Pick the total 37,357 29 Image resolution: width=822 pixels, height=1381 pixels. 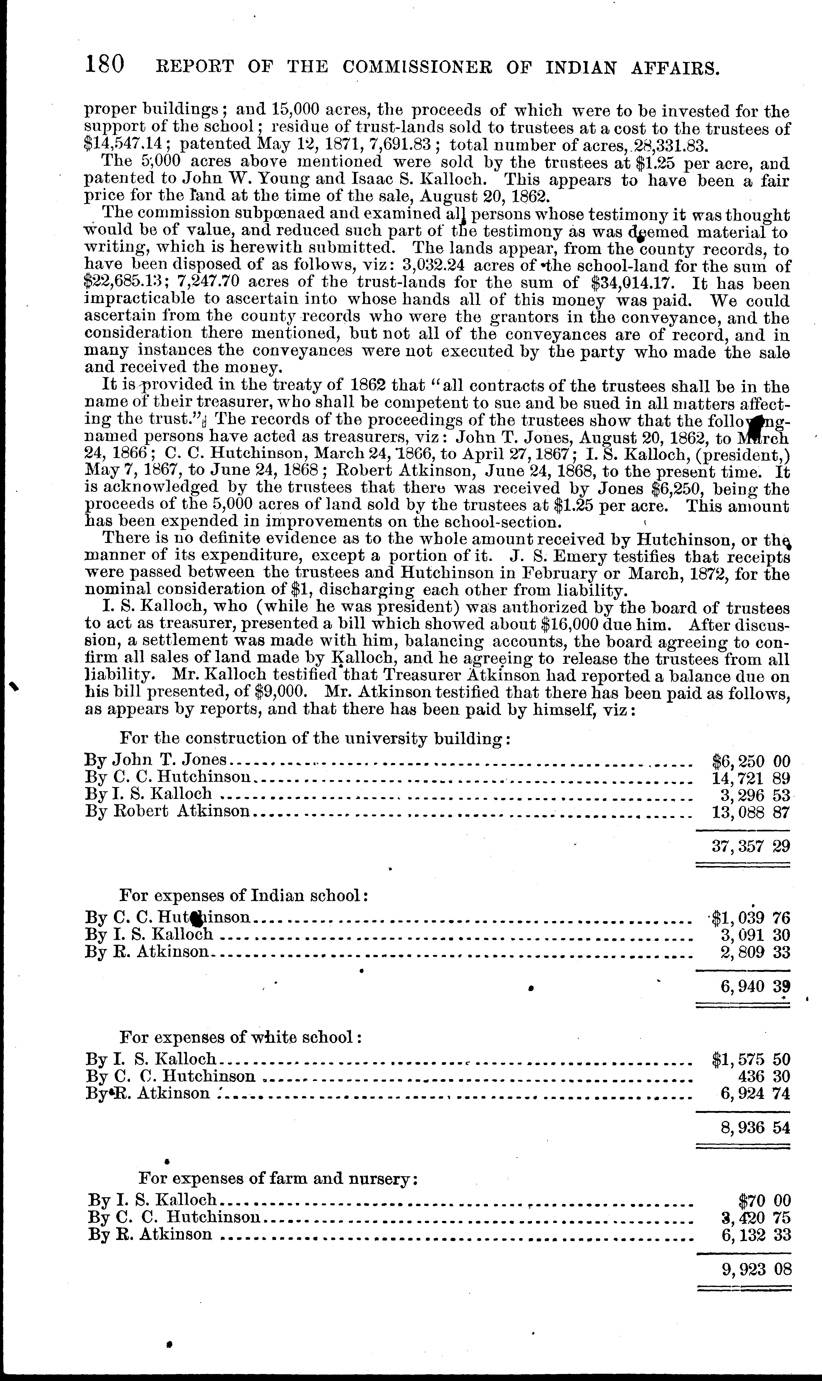[751, 846]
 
